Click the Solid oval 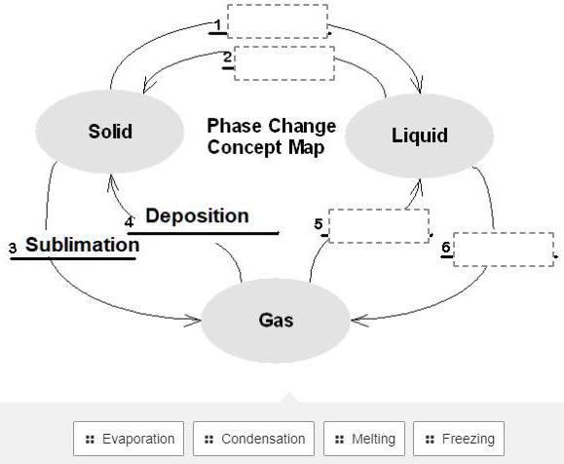(110, 132)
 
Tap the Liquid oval (420, 135)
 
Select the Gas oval (276, 321)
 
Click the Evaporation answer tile (129, 439)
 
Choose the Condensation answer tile (253, 439)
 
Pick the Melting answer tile (364, 439)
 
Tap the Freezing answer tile (459, 439)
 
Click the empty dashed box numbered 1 (278, 21)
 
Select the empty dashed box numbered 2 (284, 63)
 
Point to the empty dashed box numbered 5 (379, 226)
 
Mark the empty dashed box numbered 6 (504, 250)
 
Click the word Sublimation (83, 245)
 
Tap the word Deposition (197, 215)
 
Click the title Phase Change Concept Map (272, 136)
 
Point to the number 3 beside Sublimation (13, 248)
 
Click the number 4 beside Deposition (129, 222)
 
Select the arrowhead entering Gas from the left (194, 320)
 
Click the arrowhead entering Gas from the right (359, 320)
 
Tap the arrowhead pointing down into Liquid (419, 86)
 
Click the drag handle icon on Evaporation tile (90, 440)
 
